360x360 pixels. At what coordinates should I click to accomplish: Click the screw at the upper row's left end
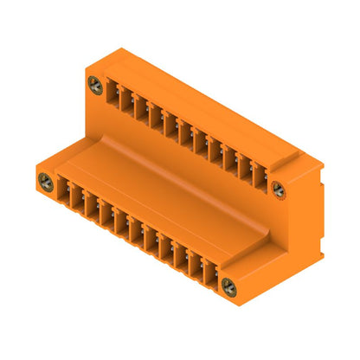[x=95, y=85]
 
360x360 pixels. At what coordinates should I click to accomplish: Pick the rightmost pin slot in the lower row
[x=210, y=273]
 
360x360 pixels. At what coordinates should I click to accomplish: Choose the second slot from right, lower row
[x=196, y=264]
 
